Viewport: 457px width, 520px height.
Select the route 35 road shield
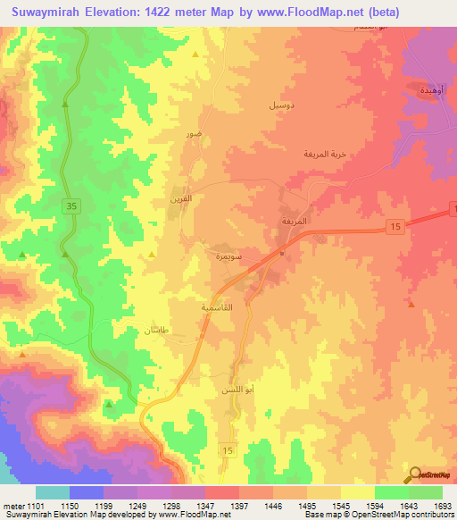coord(70,206)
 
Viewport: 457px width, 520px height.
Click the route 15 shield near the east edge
coord(394,229)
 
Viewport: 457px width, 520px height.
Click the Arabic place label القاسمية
coord(219,306)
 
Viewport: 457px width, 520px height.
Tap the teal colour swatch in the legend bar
coord(53,492)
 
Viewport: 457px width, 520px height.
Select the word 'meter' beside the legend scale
coord(12,507)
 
